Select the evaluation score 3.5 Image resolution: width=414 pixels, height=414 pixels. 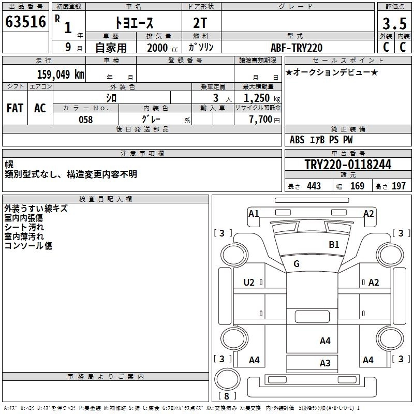(x=393, y=23)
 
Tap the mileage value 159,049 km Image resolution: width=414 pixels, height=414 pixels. (x=61, y=74)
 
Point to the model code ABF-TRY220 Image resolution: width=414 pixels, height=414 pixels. (x=297, y=48)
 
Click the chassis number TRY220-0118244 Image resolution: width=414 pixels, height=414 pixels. (x=348, y=165)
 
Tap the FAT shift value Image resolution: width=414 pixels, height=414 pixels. (x=15, y=108)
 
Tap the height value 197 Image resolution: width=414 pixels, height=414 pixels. (x=398, y=186)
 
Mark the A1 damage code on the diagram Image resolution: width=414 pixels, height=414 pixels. (x=254, y=213)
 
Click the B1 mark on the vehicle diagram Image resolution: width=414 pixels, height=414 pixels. (x=334, y=245)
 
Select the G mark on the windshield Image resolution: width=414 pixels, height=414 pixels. (x=297, y=264)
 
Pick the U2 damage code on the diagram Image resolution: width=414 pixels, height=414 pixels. (x=249, y=283)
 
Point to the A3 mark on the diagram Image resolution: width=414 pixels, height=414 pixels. (x=325, y=363)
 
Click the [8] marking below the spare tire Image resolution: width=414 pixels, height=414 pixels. (x=226, y=396)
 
